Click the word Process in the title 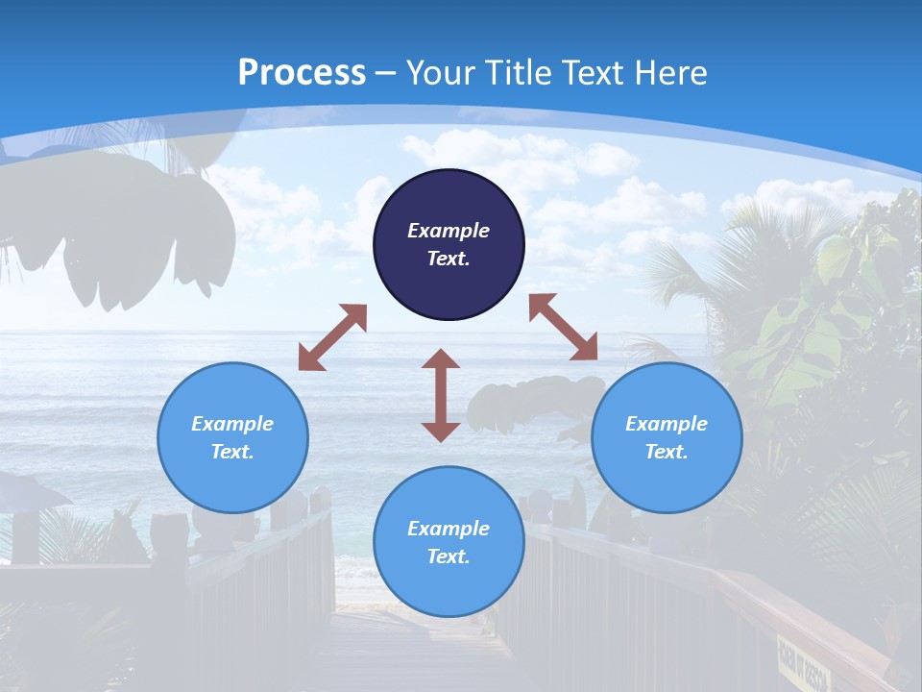[x=302, y=72]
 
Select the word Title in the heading [x=521, y=72]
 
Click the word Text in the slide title [x=594, y=72]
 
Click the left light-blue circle [x=232, y=437]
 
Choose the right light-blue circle [x=667, y=437]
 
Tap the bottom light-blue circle [x=449, y=542]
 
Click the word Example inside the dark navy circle [x=449, y=231]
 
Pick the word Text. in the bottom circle [x=449, y=556]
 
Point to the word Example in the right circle [x=667, y=424]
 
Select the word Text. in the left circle [x=232, y=452]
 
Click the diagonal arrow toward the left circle [x=332, y=337]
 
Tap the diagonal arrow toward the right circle [x=563, y=328]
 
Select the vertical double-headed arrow [x=441, y=395]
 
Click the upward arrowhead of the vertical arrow [x=441, y=358]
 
